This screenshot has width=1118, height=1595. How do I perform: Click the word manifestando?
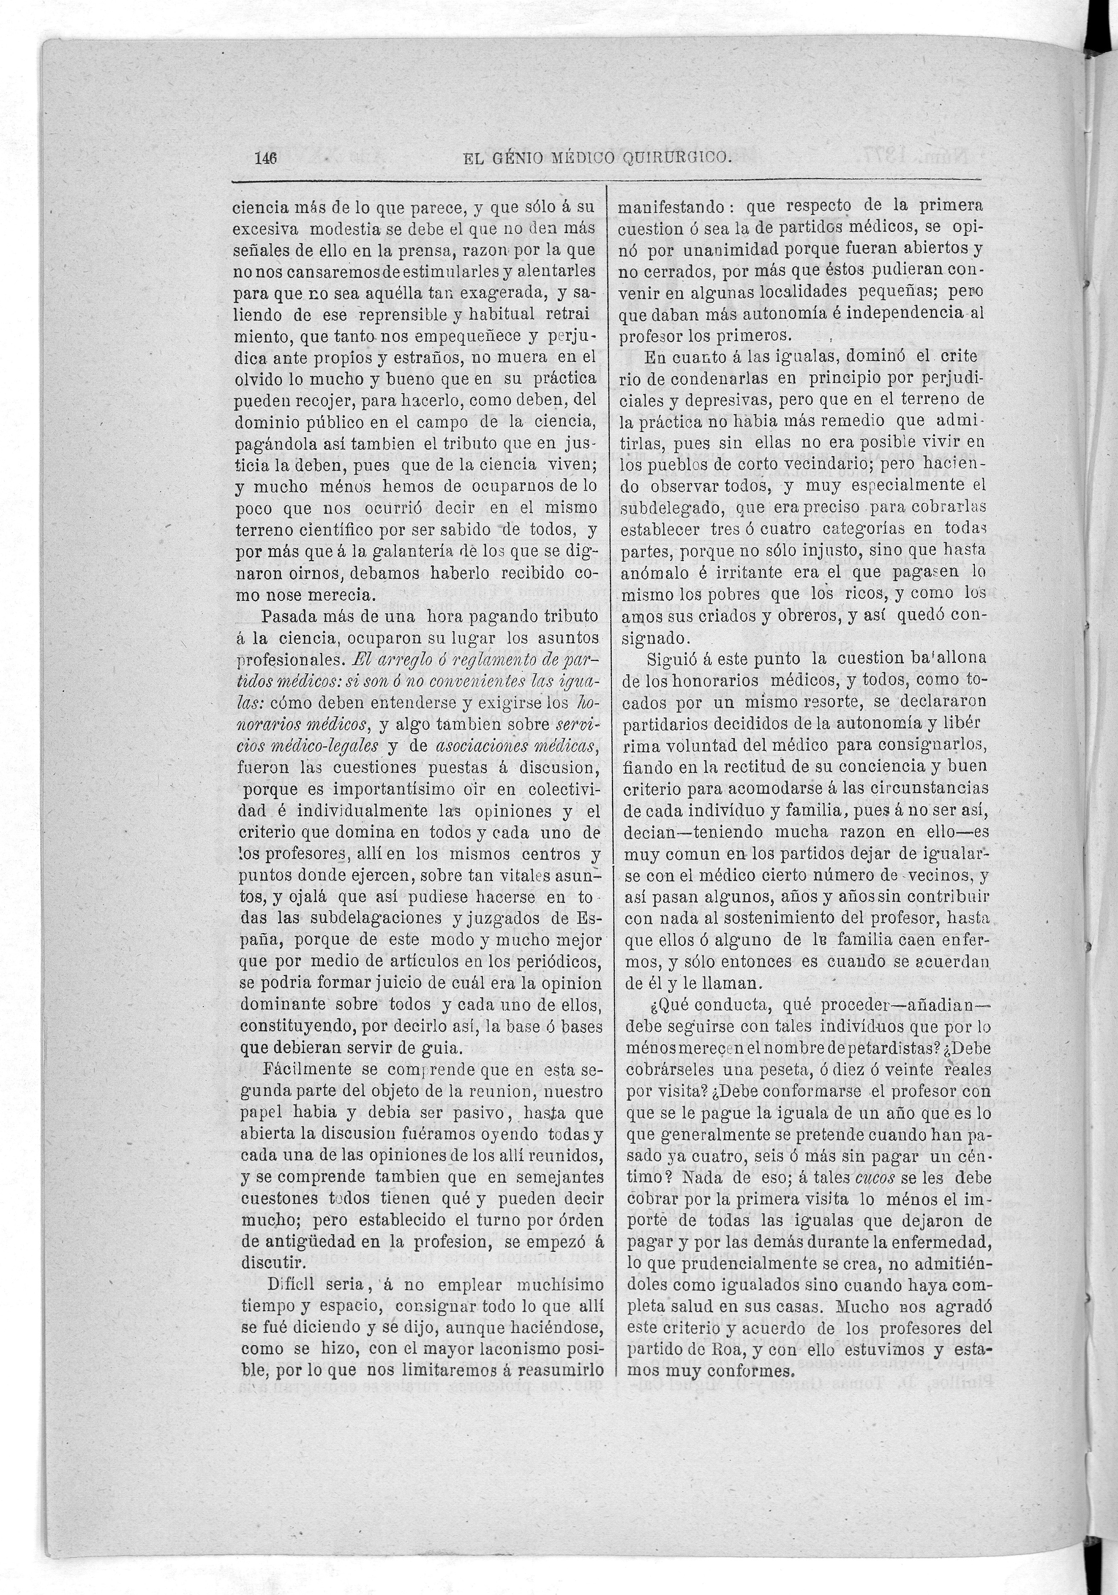[x=673, y=207]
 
